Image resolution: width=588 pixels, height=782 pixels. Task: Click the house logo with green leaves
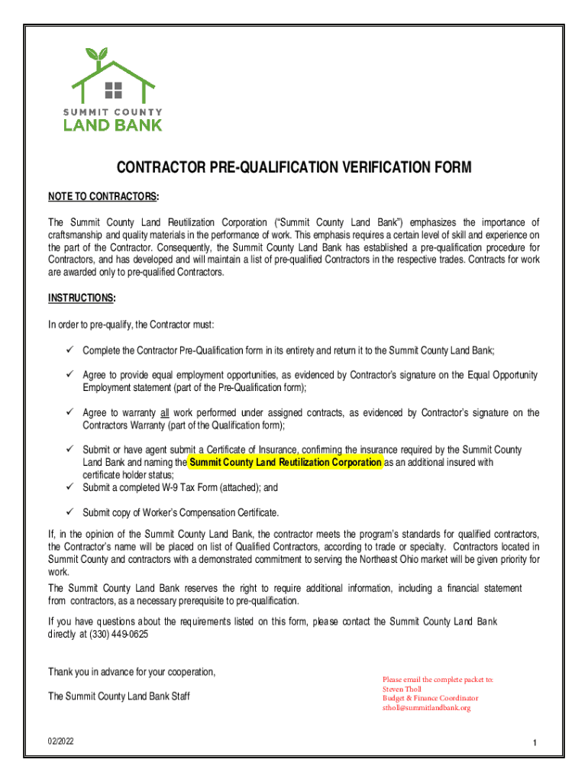112,76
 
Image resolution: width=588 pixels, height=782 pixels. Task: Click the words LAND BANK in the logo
112,124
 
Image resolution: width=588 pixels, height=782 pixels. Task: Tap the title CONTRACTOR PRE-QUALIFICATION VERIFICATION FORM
294,168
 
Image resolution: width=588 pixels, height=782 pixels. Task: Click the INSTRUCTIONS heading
82,297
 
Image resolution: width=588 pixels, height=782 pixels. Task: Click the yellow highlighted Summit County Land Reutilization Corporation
285,463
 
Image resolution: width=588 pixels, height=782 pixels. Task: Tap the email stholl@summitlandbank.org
426,708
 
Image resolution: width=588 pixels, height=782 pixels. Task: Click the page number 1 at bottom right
536,743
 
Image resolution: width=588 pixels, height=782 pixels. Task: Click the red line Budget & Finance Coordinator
430,698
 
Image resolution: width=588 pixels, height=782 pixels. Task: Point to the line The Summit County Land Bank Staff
119,696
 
